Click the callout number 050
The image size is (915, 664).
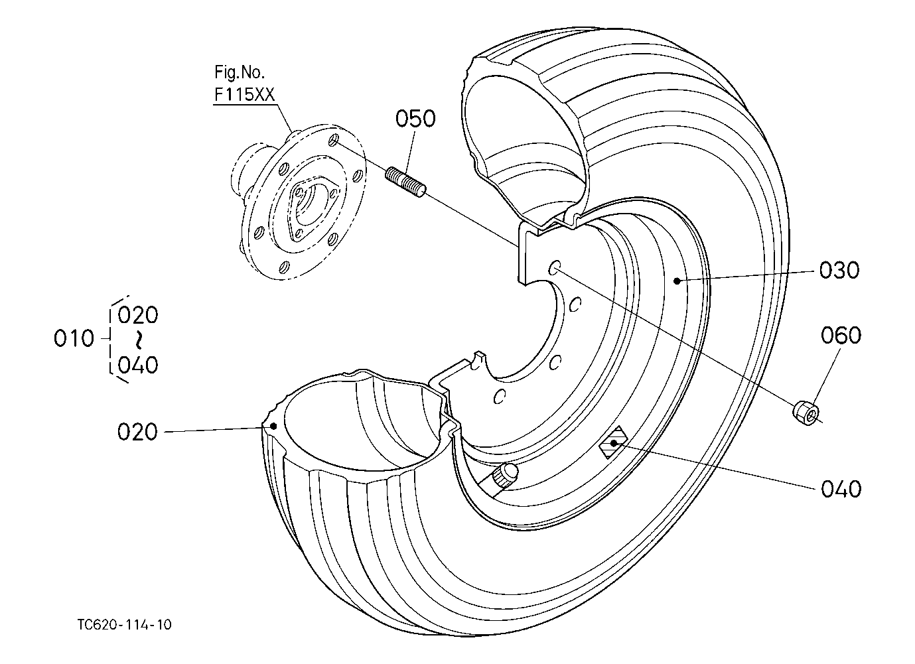[x=415, y=119]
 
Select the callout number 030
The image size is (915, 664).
[x=839, y=271]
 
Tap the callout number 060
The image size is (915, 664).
[x=841, y=335]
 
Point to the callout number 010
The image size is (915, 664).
[x=74, y=338]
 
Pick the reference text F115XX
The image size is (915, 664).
[x=244, y=95]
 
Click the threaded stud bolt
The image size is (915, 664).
[x=406, y=182]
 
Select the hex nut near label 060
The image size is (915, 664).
[x=806, y=415]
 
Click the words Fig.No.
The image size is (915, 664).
[x=240, y=72]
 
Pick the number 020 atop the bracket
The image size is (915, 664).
[x=137, y=315]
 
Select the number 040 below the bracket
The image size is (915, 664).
[x=137, y=365]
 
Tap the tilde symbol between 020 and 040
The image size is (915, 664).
[x=139, y=340]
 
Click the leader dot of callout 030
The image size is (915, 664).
[x=677, y=281]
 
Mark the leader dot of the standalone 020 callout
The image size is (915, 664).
[x=273, y=427]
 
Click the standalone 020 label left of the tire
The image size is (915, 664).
[x=137, y=432]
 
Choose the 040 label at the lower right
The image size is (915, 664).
[x=841, y=489]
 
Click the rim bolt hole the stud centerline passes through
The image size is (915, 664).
[x=554, y=267]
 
